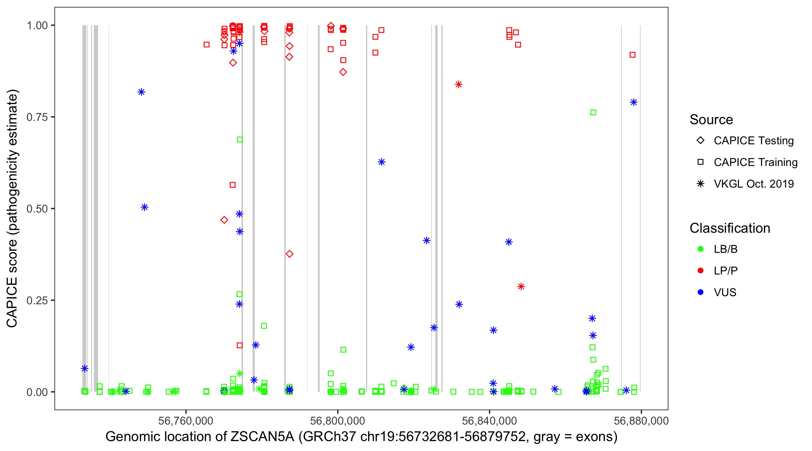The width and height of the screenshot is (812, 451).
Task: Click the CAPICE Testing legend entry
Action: (x=753, y=141)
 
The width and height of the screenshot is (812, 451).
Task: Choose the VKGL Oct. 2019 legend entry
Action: (x=753, y=184)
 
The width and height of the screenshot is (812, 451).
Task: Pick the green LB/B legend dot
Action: (x=700, y=249)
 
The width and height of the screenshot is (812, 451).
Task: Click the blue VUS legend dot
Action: (x=700, y=292)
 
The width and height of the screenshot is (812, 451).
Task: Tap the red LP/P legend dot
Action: (x=700, y=271)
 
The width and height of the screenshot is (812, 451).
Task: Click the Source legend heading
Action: (x=711, y=120)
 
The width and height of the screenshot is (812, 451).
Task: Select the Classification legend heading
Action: (x=730, y=228)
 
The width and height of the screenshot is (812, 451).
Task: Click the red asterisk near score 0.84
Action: (x=459, y=84)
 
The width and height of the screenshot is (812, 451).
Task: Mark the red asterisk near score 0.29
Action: (x=521, y=287)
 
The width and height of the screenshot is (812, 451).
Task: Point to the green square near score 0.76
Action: (x=593, y=112)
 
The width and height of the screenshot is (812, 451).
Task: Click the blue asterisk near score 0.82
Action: (x=141, y=92)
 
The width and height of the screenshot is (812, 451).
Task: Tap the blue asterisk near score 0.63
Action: (x=381, y=162)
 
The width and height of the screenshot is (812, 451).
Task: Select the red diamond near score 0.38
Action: (x=289, y=254)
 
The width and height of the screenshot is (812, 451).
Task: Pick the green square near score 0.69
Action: (x=240, y=140)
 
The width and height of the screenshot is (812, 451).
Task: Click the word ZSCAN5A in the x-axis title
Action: (x=262, y=437)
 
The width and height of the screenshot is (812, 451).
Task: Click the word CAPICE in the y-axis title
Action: (x=12, y=302)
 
